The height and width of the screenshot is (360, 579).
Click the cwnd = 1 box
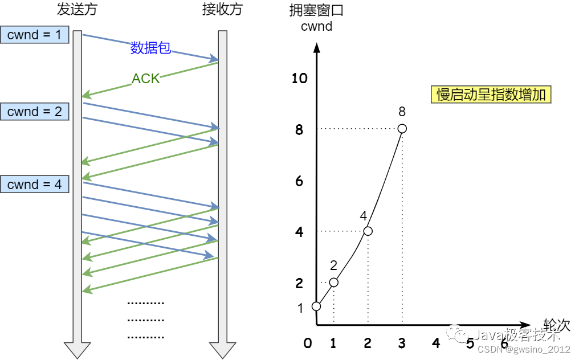34,35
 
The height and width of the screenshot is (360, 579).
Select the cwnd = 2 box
34,112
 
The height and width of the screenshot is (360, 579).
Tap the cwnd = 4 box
34,185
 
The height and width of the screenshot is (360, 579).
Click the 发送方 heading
76,10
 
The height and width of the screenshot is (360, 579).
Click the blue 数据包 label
150,48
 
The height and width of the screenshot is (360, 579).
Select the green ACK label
146,79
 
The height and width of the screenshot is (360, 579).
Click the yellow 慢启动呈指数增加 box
491,94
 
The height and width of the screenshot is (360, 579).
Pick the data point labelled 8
402,129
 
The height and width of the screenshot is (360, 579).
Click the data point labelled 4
368,231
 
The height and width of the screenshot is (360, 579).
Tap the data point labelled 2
334,283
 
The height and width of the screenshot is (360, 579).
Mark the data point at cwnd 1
317,306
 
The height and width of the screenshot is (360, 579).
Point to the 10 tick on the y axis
299,79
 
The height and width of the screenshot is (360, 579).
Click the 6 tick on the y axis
299,182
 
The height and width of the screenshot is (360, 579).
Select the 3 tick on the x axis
402,343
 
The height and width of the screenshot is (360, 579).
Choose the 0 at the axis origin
308,343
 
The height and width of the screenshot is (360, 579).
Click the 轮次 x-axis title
557,325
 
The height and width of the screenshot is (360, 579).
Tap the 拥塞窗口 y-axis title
316,10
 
